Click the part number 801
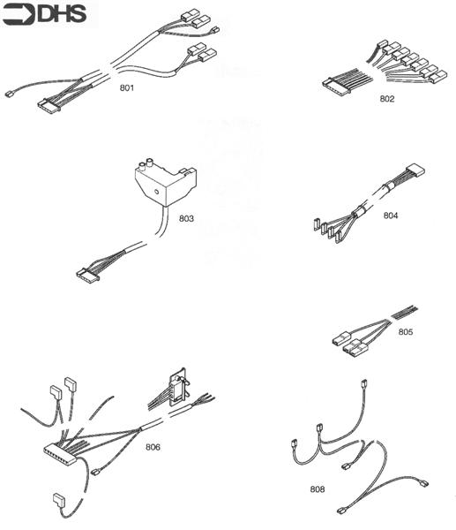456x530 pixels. [x=127, y=88]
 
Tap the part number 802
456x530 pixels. [x=386, y=98]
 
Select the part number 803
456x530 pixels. [x=186, y=216]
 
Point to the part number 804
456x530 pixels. [x=390, y=215]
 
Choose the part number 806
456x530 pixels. [x=153, y=446]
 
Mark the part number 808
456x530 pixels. [x=317, y=488]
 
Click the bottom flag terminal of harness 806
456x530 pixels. [x=57, y=501]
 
